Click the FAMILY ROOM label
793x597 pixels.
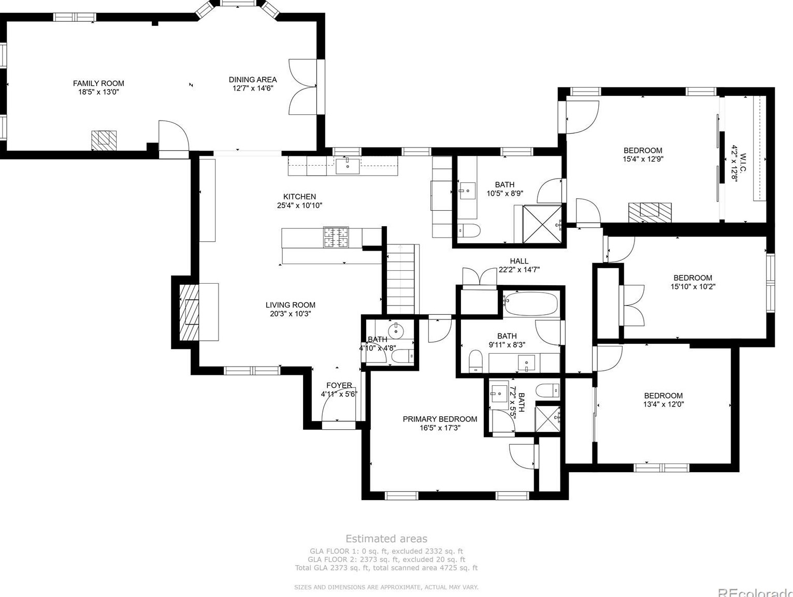pyautogui.click(x=98, y=83)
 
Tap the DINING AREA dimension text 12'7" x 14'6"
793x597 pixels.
pyautogui.click(x=253, y=88)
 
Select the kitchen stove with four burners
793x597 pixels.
pyautogui.click(x=336, y=238)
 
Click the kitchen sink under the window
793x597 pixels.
pyautogui.click(x=348, y=166)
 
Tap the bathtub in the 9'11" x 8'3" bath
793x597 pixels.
pyautogui.click(x=531, y=304)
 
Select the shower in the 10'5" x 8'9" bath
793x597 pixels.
pyautogui.click(x=542, y=224)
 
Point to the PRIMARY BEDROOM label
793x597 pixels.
pyautogui.click(x=440, y=419)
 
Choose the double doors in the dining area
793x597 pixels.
pyautogui.click(x=302, y=87)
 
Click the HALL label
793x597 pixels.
pyautogui.click(x=519, y=261)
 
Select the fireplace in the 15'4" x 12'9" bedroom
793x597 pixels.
pyautogui.click(x=650, y=212)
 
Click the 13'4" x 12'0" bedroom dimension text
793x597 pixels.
pyautogui.click(x=664, y=404)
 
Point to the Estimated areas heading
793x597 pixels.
pyautogui.click(x=386, y=538)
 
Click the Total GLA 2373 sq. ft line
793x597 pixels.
pyautogui.click(x=386, y=567)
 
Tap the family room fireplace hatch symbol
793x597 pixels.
pyautogui.click(x=104, y=140)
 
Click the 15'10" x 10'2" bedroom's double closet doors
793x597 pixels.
pyautogui.click(x=632, y=305)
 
